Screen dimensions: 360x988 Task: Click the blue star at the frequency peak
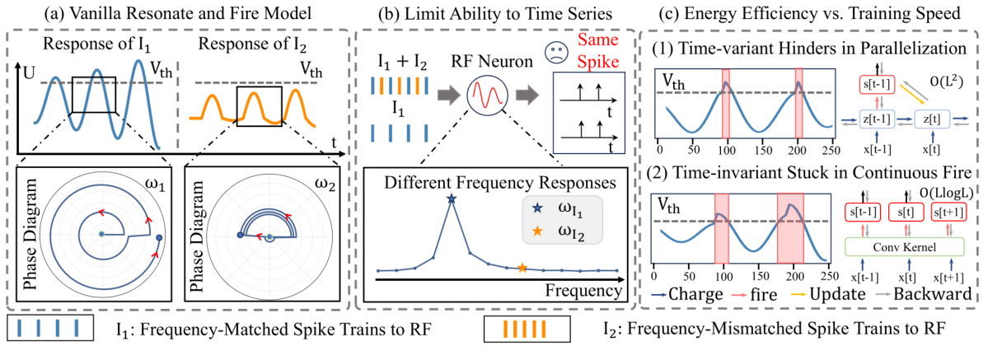(451, 199)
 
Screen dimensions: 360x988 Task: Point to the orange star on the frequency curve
(522, 267)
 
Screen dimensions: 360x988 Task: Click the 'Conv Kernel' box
(904, 247)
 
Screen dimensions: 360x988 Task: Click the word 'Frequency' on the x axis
(583, 289)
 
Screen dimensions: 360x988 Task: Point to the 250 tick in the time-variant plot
(830, 152)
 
